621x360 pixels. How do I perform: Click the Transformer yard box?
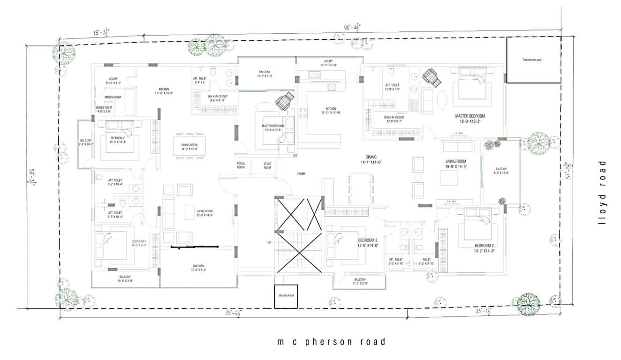pyautogui.click(x=534, y=60)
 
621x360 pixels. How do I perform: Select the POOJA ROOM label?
pyautogui.click(x=241, y=165)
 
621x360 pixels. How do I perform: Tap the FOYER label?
pyautogui.click(x=301, y=174)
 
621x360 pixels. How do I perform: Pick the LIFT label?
pyautogui.click(x=295, y=156)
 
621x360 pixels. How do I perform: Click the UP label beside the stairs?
pyautogui.click(x=269, y=242)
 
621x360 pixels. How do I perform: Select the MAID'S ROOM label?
pyautogui.click(x=113, y=97)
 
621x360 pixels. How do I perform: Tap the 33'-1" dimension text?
pyautogui.click(x=481, y=311)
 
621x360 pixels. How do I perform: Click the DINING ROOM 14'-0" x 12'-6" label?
pyautogui.click(x=189, y=147)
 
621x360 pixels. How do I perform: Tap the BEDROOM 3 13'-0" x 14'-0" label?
pyautogui.click(x=368, y=242)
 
